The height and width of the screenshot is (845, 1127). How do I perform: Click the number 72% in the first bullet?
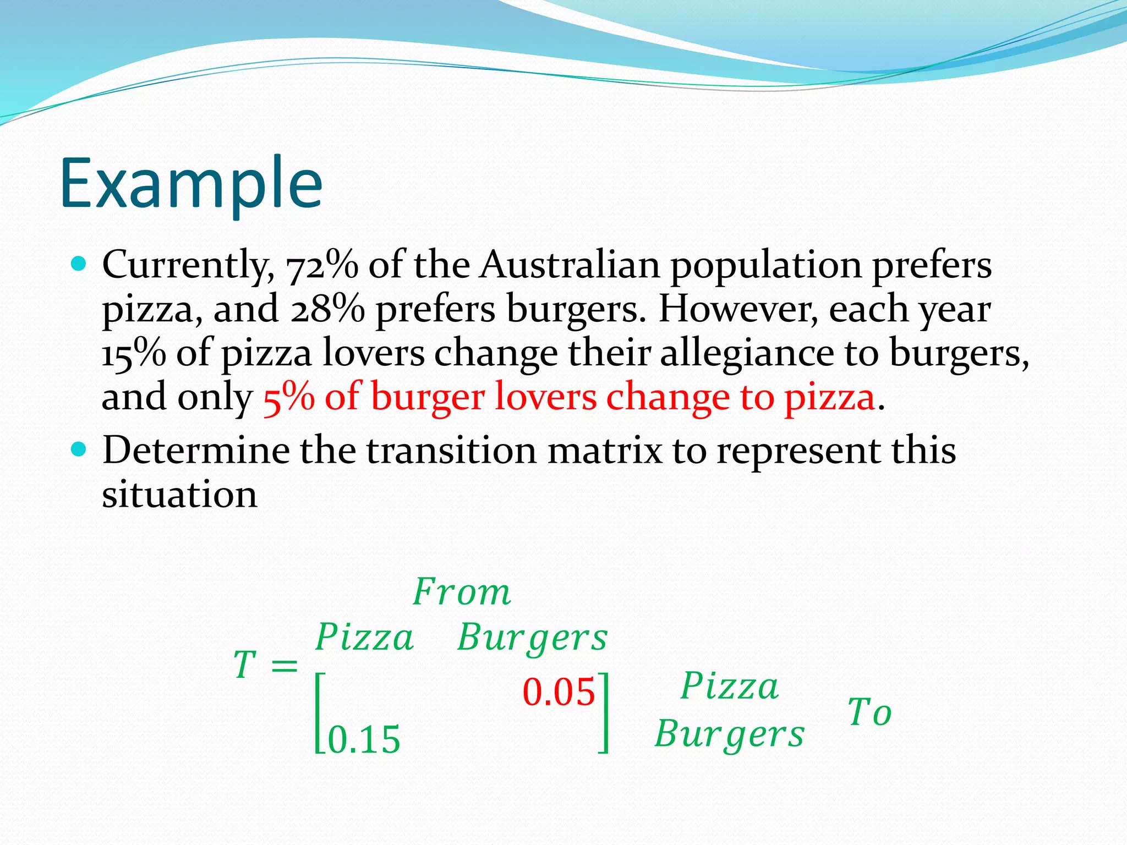pos(322,266)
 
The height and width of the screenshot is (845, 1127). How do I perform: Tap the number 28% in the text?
pos(327,310)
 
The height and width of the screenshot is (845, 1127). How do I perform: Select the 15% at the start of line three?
pos(134,353)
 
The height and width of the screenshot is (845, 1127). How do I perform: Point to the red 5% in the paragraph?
pos(289,397)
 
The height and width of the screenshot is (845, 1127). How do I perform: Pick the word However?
pos(738,309)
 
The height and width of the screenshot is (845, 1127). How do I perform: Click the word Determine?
pos(196,451)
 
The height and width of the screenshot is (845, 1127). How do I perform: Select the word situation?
pos(179,495)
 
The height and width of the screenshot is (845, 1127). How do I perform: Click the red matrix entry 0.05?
pos(559,692)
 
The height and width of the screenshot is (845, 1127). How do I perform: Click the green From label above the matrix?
pos(462,592)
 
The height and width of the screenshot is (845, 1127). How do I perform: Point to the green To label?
pos(869,712)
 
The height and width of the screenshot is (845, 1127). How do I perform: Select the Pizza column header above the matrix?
pos(364,638)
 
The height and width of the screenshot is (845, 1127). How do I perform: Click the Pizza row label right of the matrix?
pos(730,687)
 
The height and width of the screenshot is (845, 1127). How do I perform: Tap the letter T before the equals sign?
pos(245,665)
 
